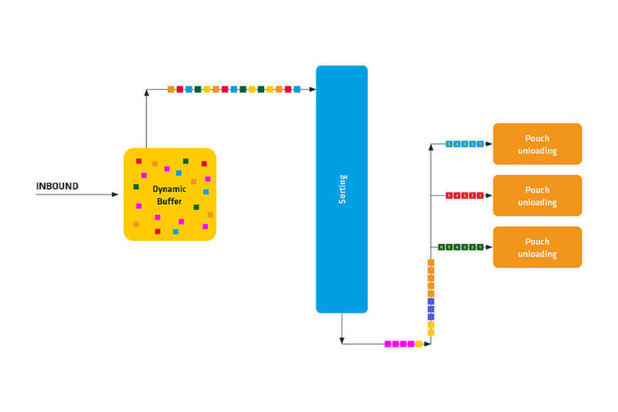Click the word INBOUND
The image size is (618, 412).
pos(57,186)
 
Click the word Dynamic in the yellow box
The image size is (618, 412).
pos(169,189)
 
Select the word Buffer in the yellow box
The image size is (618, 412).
pos(169,201)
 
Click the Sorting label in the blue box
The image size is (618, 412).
pos(342,189)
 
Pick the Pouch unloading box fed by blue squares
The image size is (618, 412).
pos(537,144)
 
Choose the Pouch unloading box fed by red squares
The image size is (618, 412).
pos(537,196)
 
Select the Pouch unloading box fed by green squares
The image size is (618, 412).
pos(537,247)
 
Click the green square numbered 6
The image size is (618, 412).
pos(442,247)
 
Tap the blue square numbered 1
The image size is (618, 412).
pos(480,144)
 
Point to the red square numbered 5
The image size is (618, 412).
pos(449,196)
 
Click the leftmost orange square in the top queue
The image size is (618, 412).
pos(171,89)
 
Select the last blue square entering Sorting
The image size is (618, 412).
pos(297,89)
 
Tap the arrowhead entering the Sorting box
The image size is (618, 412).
pos(313,89)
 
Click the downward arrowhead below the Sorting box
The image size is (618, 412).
pos(342,340)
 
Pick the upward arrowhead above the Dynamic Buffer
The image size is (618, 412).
pos(146,93)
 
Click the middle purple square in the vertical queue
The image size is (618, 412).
pos(431,309)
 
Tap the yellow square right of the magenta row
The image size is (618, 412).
pos(419,344)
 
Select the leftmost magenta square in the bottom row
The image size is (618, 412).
pos(388,344)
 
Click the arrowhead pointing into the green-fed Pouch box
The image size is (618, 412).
pos(489,247)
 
